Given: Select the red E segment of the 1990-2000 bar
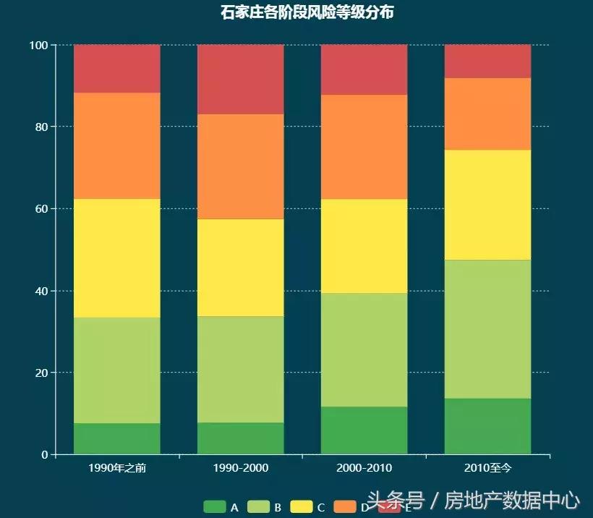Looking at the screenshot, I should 240,80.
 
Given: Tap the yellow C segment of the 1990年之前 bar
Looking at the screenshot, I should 117,258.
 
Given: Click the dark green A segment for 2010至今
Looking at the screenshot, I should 487,426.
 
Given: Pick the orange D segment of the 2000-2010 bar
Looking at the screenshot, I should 364,147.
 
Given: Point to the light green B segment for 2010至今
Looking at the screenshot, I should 487,329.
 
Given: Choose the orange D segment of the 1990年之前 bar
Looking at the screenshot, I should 117,145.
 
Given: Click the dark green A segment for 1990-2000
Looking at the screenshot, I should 240,438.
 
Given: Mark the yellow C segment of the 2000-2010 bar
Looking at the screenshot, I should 364,246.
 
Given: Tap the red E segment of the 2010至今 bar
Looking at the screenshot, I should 487,61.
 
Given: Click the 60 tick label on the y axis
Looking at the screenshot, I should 40,208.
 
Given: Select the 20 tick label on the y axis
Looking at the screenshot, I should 40,373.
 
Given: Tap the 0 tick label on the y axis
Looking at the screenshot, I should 44,455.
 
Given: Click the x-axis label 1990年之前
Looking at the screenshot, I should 117,468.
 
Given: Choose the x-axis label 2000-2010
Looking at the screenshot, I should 364,468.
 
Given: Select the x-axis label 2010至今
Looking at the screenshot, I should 487,468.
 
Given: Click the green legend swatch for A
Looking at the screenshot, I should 214,507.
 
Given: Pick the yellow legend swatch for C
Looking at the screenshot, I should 301,507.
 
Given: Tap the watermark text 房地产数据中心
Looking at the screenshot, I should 512,500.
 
